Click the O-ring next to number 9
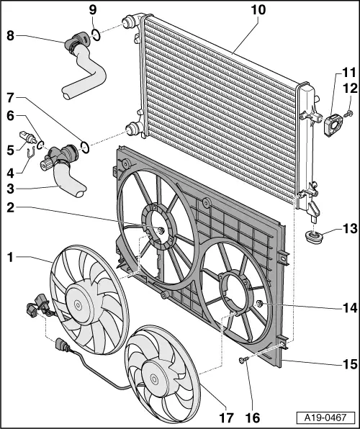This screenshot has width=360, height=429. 95,33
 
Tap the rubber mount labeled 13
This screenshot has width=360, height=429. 314,237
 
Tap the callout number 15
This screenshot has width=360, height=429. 348,364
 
